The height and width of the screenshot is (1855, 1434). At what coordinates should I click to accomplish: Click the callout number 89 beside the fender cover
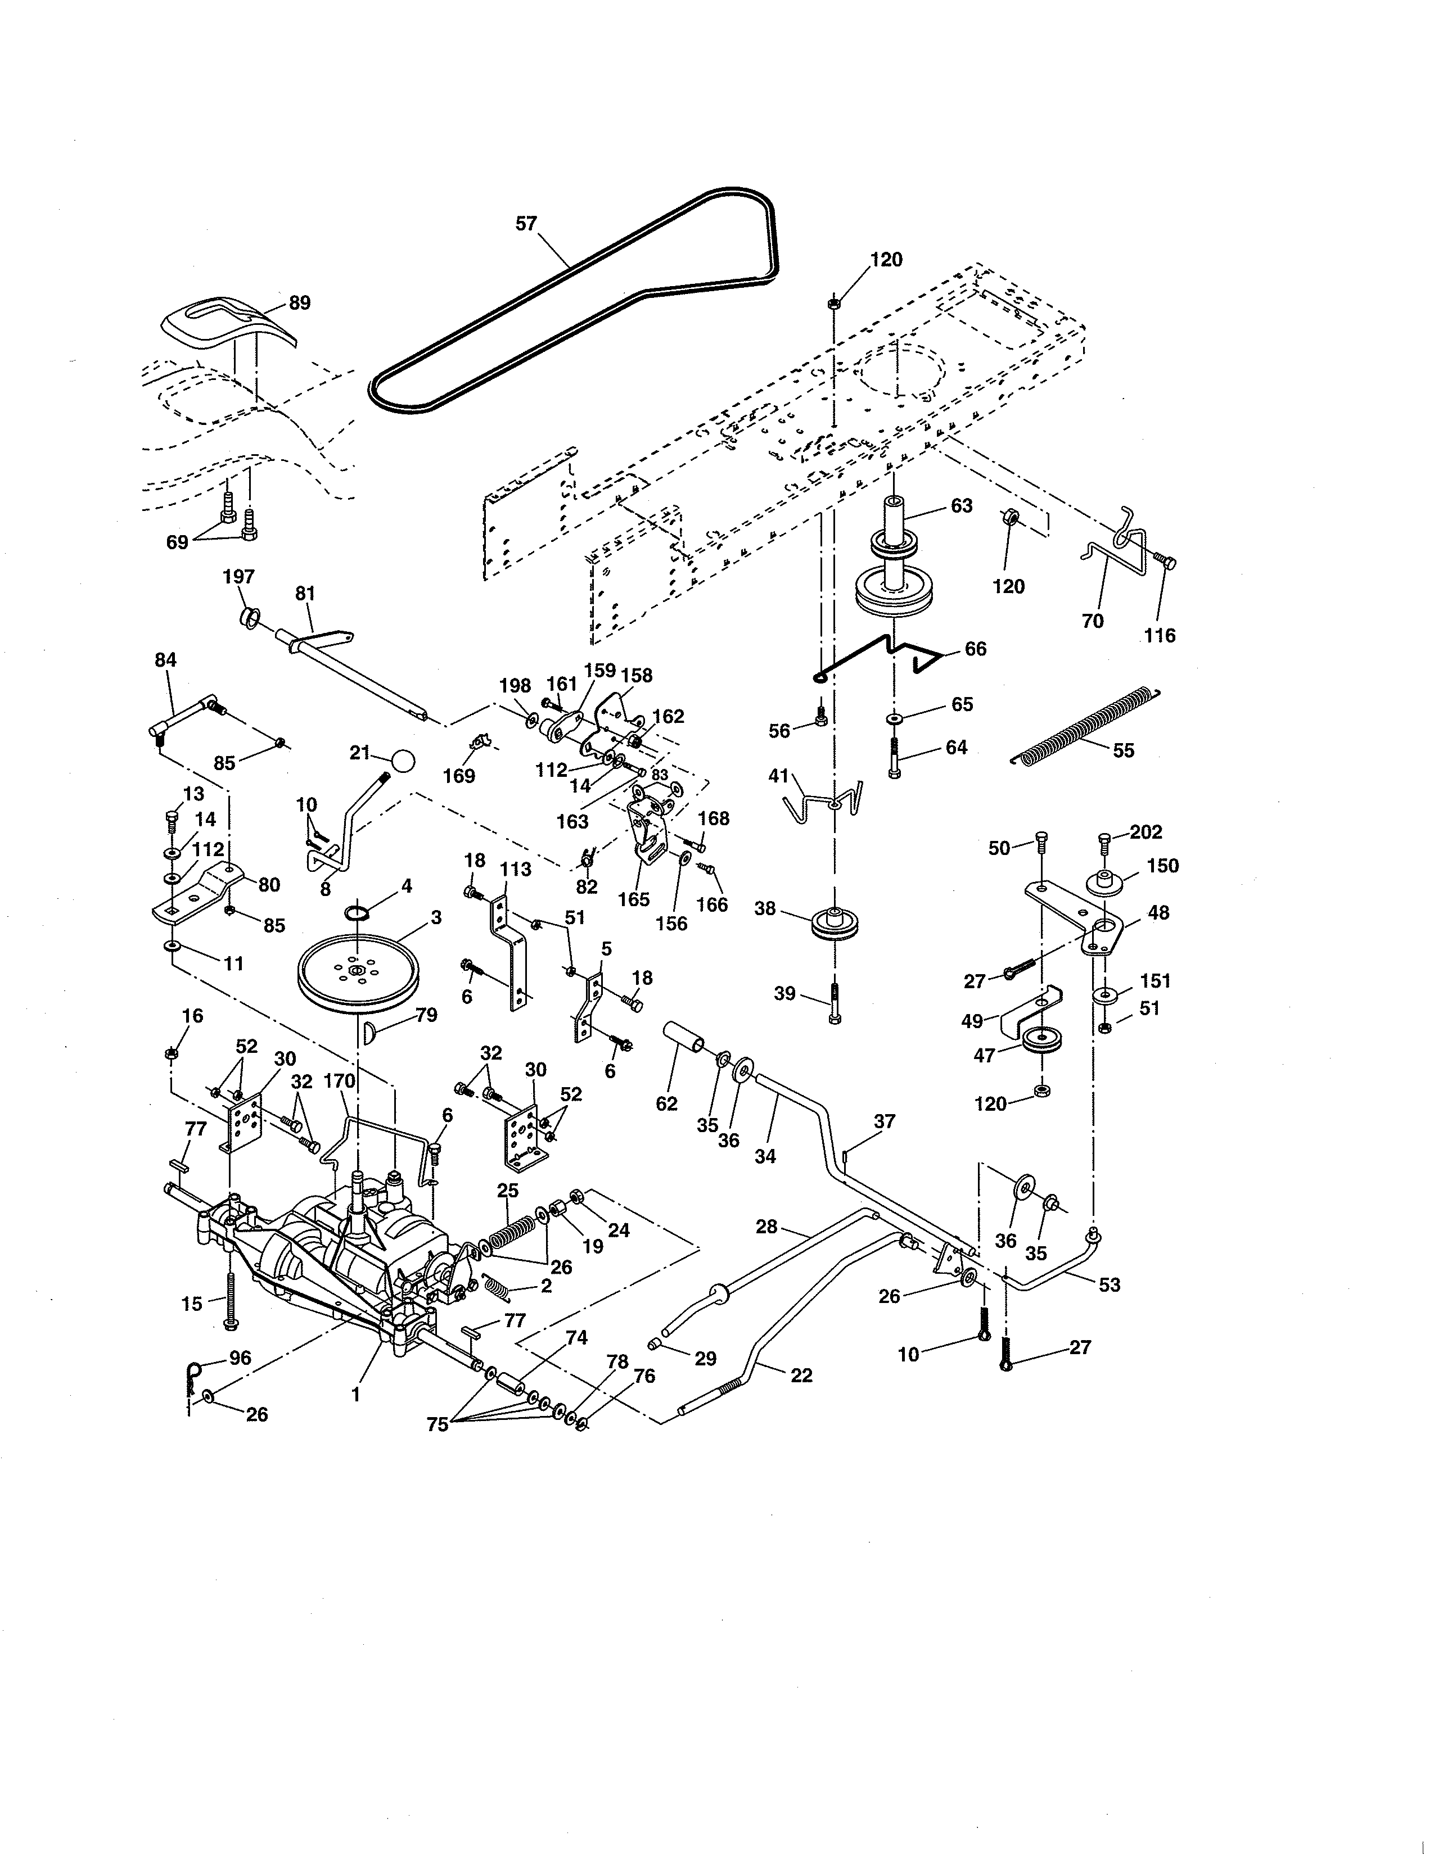pos(300,302)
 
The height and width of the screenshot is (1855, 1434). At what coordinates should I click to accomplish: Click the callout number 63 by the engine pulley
pos(961,505)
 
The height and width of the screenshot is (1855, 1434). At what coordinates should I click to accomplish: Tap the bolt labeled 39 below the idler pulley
pos(834,1005)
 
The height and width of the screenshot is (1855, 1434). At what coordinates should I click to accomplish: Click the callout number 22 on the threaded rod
pos(801,1375)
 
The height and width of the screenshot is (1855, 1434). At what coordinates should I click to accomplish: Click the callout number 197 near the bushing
pos(238,577)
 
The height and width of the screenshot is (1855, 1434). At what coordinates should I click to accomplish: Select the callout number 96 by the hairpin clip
pos(241,1358)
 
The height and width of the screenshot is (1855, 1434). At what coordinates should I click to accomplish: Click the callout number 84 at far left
pos(166,660)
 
